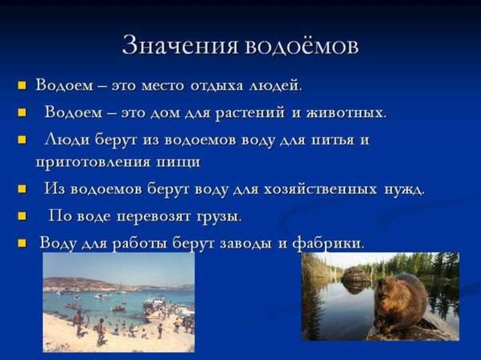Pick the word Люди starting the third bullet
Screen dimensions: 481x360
tap(67, 140)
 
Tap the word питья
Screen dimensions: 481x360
tap(332, 140)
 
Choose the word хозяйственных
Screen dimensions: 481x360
tap(320, 189)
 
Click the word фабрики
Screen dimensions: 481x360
tap(328, 244)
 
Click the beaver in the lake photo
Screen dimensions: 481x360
tap(401, 304)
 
